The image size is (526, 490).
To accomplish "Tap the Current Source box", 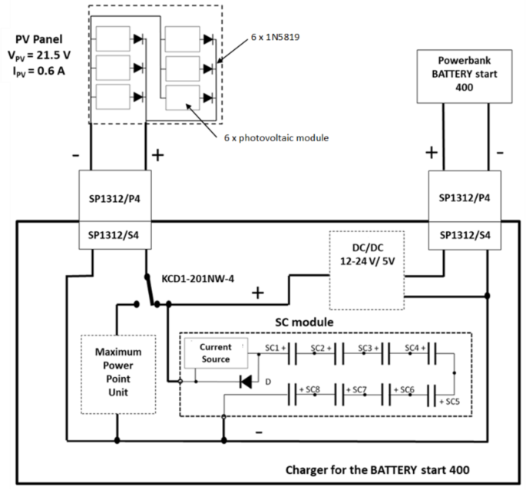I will [215, 353].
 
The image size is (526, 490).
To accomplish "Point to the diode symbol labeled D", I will [246, 381].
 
